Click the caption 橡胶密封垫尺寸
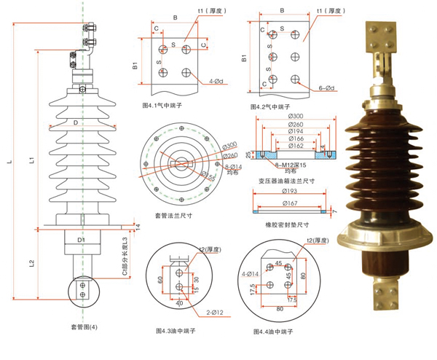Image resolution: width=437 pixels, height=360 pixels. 288,224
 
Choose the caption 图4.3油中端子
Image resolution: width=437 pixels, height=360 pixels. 176,331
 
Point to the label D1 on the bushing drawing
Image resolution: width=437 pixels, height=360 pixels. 82,238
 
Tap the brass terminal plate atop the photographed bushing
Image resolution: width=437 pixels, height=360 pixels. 384,33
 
